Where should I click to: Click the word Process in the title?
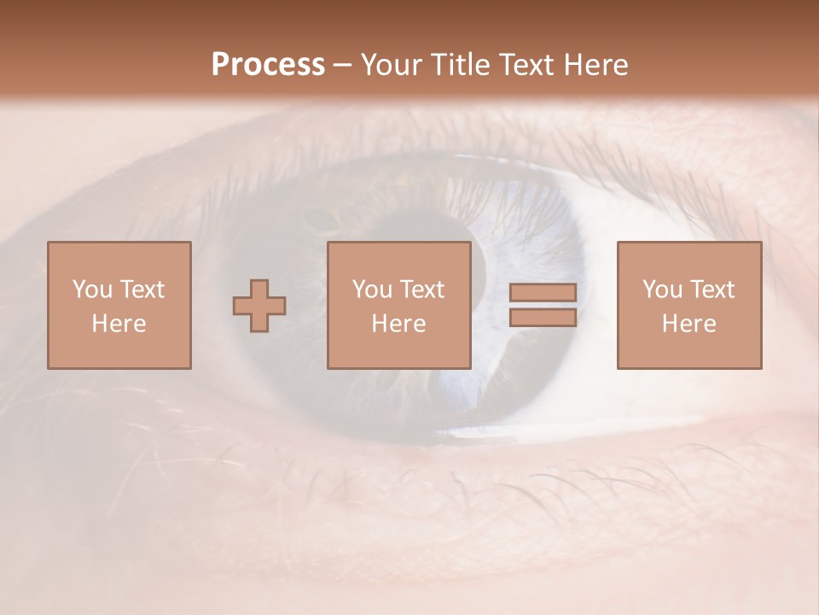[x=268, y=65]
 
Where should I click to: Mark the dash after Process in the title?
[x=343, y=66]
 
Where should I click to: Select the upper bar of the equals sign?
[x=543, y=292]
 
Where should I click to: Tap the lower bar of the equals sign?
[x=543, y=318]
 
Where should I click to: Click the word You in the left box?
[x=91, y=289]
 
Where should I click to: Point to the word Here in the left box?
[x=119, y=324]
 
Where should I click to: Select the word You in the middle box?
[x=371, y=289]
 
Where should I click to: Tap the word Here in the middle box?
[x=398, y=324]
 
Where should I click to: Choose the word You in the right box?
[x=661, y=289]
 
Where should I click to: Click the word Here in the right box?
[x=688, y=324]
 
